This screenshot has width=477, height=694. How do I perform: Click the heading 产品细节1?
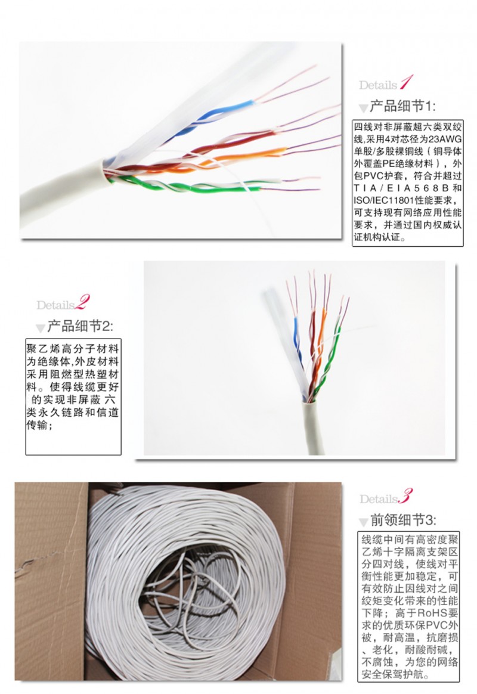402,106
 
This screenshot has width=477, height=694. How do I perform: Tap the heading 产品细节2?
80,327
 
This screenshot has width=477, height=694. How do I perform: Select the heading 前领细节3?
403,520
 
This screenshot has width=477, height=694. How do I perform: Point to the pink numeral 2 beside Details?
83,302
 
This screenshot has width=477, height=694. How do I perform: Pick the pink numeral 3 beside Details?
406,496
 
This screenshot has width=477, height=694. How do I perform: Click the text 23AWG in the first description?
445,139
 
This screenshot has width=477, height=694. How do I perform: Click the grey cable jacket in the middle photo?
313,427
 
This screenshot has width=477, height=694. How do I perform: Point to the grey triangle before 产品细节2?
41,328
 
